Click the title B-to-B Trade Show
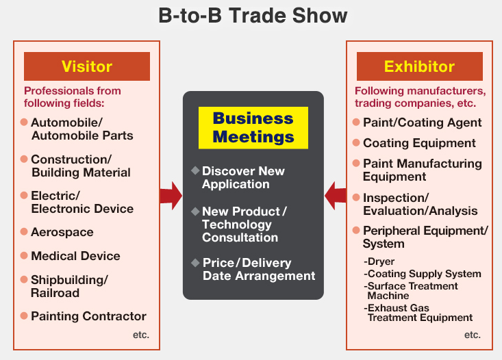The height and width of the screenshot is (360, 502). click(x=253, y=16)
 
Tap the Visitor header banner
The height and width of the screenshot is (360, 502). click(x=87, y=66)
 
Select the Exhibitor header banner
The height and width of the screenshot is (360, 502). click(x=419, y=66)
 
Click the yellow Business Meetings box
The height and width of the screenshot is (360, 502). click(x=253, y=128)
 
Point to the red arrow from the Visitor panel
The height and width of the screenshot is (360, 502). click(x=171, y=196)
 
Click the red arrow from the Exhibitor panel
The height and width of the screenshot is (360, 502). click(x=335, y=196)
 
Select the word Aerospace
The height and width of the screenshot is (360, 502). click(x=62, y=232)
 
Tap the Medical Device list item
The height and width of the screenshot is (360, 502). click(x=75, y=256)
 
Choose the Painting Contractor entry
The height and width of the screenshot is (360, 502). click(x=88, y=316)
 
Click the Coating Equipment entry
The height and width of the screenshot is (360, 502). click(x=419, y=143)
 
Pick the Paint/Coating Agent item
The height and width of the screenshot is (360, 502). click(x=423, y=123)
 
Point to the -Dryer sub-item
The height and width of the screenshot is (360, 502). click(x=379, y=261)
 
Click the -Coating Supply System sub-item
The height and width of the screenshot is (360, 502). click(x=423, y=274)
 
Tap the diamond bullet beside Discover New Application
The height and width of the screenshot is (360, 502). click(x=195, y=170)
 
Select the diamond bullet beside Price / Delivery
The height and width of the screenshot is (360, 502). click(x=195, y=263)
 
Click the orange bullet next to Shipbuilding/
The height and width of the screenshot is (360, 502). click(x=24, y=280)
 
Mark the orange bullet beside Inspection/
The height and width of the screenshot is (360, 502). click(x=356, y=197)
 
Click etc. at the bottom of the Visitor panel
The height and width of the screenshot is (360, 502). click(x=141, y=335)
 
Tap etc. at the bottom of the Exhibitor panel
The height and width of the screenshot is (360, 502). click(x=473, y=335)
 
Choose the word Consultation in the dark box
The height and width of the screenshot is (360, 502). click(x=240, y=237)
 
